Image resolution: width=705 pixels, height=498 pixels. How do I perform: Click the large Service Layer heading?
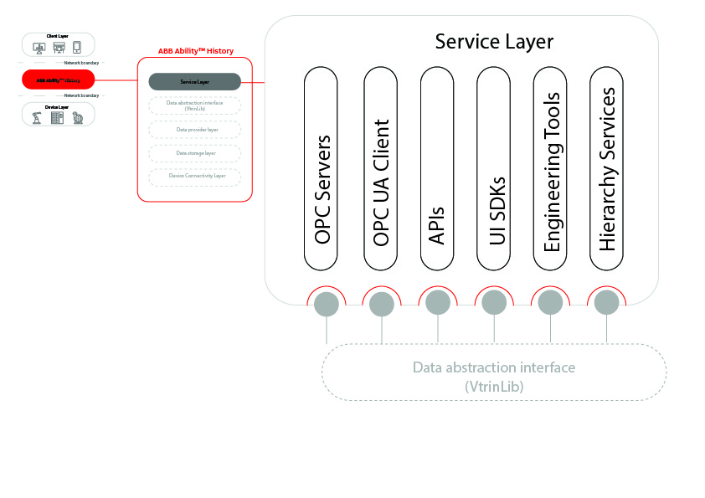(x=494, y=41)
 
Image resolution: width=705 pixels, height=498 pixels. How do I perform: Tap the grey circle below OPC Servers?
(x=326, y=304)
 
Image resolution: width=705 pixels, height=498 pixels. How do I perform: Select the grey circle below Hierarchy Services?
(x=607, y=304)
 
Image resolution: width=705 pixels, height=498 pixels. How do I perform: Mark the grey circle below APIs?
(x=438, y=304)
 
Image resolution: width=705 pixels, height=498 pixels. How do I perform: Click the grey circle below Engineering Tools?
(x=550, y=304)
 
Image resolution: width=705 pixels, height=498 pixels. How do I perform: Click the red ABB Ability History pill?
(x=59, y=80)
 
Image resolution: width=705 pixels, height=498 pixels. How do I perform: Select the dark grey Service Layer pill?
(x=194, y=82)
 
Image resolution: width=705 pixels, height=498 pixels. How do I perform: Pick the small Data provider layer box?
(x=194, y=130)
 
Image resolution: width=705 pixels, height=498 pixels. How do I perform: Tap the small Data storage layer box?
(x=194, y=153)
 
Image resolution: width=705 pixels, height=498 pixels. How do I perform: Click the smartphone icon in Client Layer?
(x=77, y=47)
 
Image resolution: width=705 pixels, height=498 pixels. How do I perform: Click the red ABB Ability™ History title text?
(x=195, y=51)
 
